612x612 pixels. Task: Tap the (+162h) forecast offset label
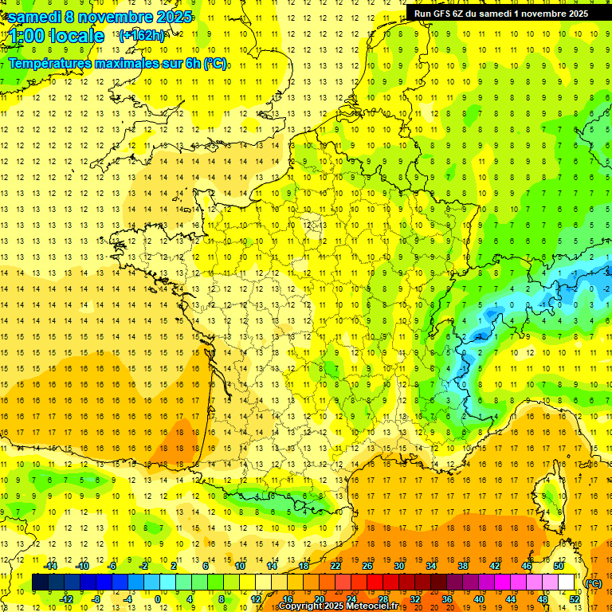(x=141, y=35)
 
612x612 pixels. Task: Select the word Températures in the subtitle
(x=49, y=63)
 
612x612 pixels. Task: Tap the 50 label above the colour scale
(x=558, y=566)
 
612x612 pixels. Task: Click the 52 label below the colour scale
(x=574, y=598)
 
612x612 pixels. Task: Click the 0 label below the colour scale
(x=158, y=598)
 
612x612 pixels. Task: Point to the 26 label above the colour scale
(x=367, y=566)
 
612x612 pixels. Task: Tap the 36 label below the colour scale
(x=447, y=598)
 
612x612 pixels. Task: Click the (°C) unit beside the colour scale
(x=593, y=583)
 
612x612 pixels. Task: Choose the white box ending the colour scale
(x=566, y=583)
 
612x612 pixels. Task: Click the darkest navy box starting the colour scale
(x=40, y=583)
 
